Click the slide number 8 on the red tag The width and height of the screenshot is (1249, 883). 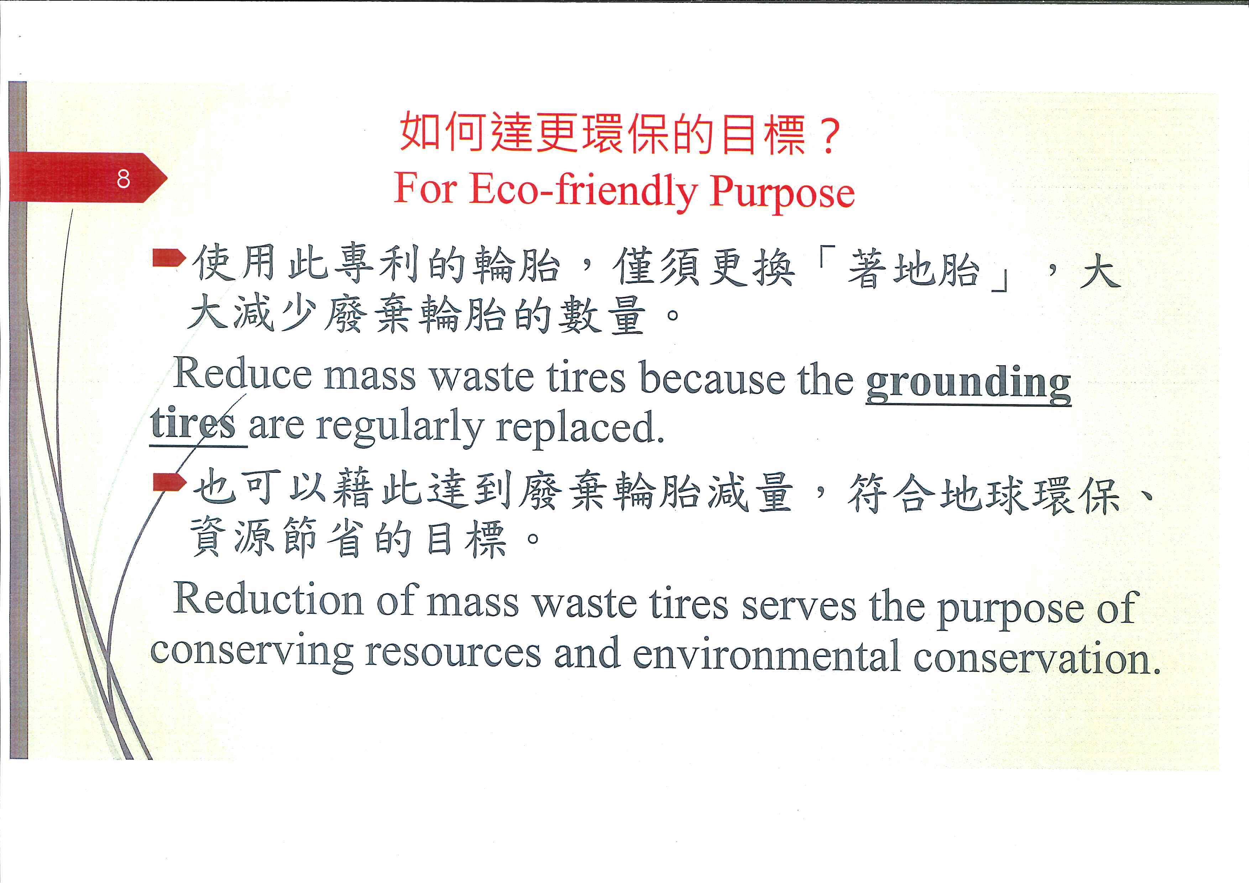point(124,178)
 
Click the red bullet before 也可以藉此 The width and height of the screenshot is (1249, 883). point(169,482)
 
